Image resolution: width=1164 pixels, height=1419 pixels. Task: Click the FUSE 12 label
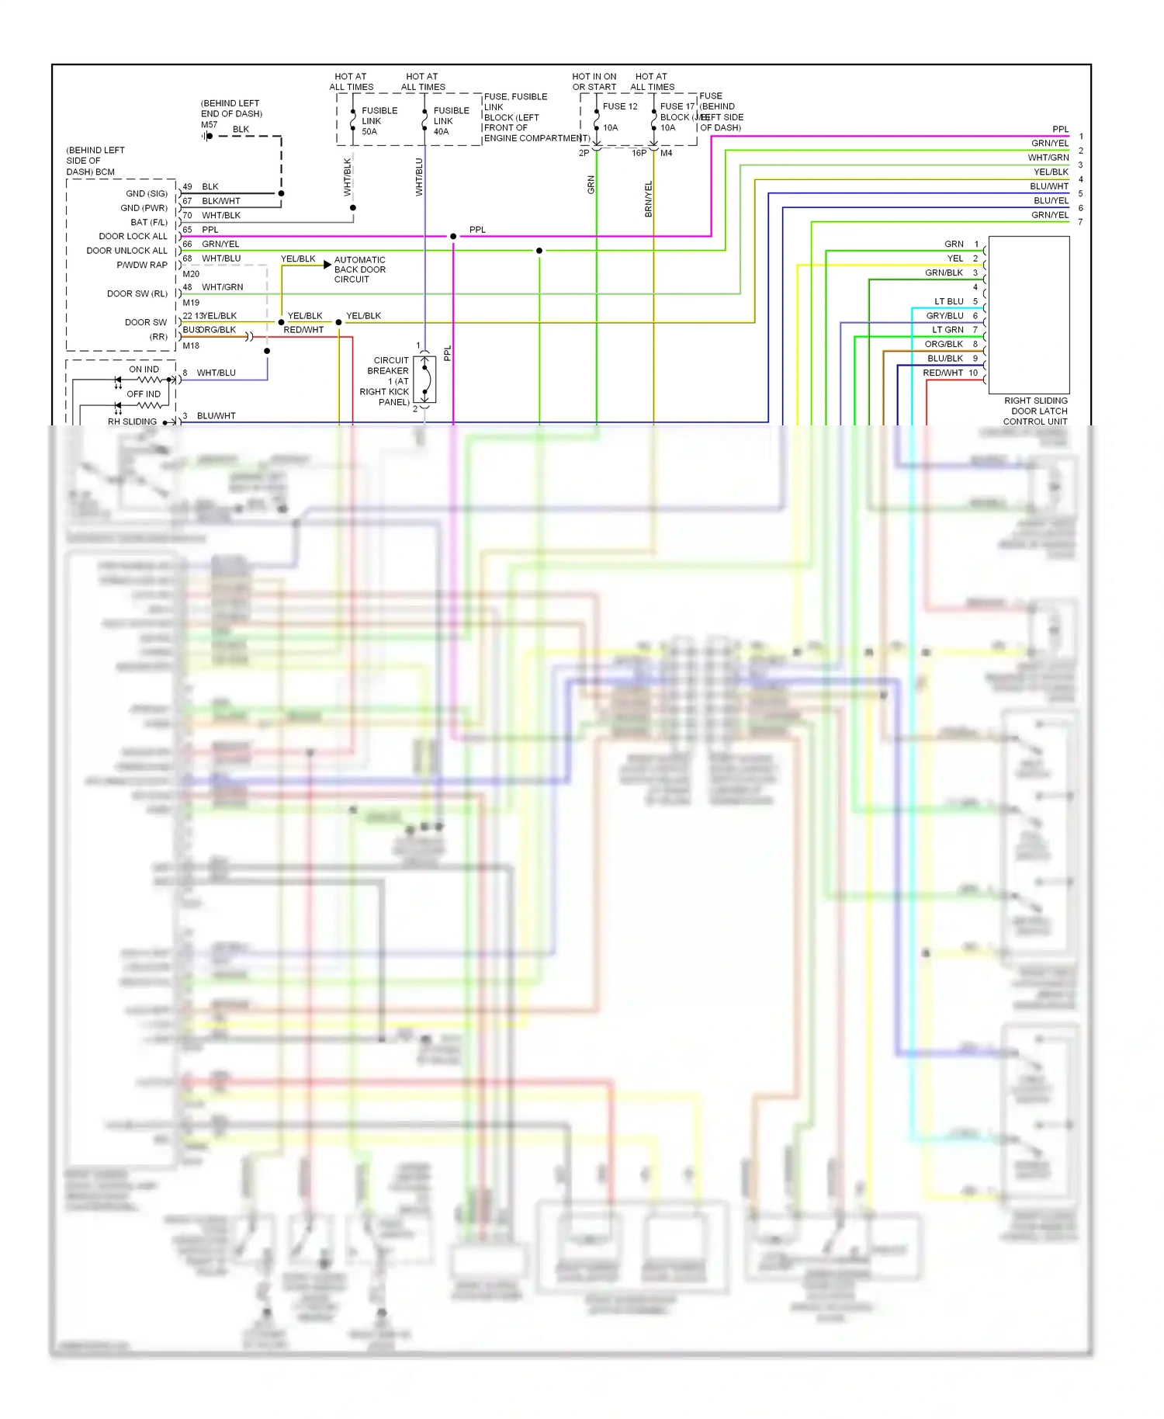(x=619, y=106)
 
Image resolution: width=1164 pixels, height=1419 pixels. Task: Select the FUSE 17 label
(x=677, y=106)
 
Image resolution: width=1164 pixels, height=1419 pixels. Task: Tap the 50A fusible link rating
(x=369, y=132)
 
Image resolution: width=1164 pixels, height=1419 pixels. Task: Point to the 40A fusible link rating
(x=441, y=132)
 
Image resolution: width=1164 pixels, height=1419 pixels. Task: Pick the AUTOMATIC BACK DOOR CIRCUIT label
(x=359, y=269)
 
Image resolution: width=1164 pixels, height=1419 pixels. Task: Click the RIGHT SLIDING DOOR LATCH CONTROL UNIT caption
(x=1035, y=411)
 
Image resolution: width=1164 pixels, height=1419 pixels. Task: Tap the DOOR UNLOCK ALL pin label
(x=126, y=251)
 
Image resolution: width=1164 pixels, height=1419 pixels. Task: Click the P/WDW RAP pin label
(x=142, y=265)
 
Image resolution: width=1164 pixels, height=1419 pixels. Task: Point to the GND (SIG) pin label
(x=147, y=193)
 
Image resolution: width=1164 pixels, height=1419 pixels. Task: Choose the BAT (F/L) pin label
(x=149, y=222)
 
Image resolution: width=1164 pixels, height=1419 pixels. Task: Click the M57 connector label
(x=209, y=124)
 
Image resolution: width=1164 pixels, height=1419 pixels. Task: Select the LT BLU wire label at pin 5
(x=948, y=301)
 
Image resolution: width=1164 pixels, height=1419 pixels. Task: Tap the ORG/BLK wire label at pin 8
(x=944, y=344)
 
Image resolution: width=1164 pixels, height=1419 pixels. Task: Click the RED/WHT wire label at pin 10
(x=943, y=373)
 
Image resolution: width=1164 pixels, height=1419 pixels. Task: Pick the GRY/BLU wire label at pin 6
(x=944, y=316)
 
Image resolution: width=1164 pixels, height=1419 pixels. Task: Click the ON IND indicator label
(x=144, y=369)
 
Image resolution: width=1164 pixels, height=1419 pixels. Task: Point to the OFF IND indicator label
(x=144, y=394)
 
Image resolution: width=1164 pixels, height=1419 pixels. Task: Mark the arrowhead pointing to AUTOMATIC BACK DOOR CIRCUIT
(x=327, y=265)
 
